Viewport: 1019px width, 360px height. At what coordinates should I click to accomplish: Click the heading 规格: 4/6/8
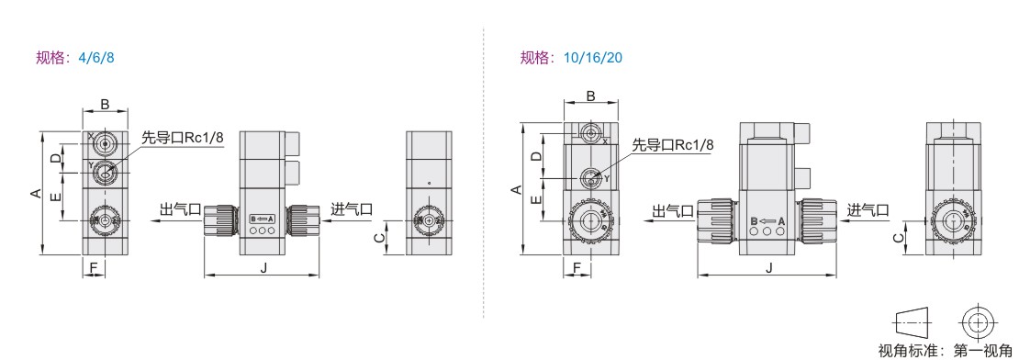tap(74, 57)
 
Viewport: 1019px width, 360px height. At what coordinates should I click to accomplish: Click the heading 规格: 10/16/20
tap(571, 57)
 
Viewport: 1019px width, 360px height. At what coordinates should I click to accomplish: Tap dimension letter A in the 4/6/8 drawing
tap(37, 192)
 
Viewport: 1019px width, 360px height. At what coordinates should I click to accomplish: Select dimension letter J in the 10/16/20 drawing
tap(769, 267)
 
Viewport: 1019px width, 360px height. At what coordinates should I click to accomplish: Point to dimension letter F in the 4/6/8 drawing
tap(93, 266)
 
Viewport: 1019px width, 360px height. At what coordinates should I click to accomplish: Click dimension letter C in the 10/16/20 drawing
tap(898, 238)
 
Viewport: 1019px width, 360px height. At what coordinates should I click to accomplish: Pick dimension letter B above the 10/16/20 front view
tap(590, 96)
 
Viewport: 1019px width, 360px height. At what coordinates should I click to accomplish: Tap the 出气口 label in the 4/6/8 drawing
tap(182, 209)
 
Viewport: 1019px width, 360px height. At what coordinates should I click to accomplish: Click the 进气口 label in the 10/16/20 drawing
tap(868, 209)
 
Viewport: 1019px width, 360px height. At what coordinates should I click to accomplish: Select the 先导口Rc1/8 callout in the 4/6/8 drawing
tap(183, 138)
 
